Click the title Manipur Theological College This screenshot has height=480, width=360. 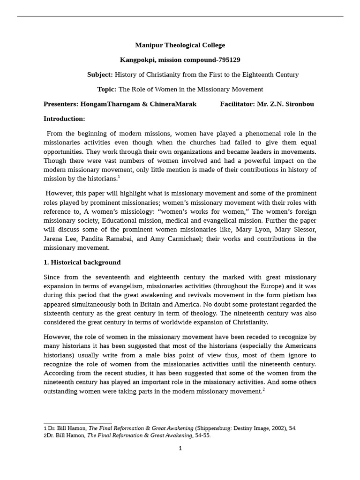(x=180, y=45)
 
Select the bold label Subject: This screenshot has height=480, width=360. (x=100, y=75)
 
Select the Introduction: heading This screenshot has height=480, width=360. (x=64, y=119)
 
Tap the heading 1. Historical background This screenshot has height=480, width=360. (x=82, y=262)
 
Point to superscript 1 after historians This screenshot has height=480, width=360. (x=119, y=177)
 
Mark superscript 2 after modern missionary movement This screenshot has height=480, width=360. (x=263, y=390)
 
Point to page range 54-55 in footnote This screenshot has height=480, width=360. (x=203, y=435)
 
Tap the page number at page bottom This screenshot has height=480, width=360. (x=180, y=449)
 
